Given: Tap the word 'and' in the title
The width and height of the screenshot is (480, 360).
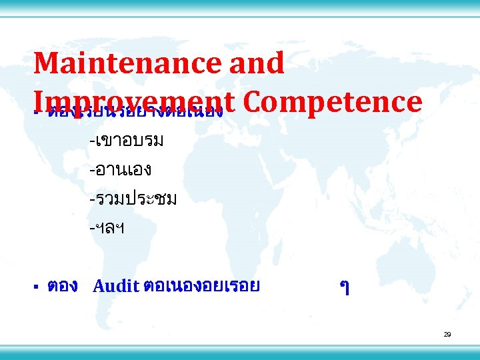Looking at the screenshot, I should tap(261, 63).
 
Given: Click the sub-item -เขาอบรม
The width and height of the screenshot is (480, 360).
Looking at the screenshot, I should tap(127, 141).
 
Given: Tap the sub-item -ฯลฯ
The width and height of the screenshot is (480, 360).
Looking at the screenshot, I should tap(107, 228).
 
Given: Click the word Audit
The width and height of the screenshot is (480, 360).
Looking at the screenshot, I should tap(116, 287).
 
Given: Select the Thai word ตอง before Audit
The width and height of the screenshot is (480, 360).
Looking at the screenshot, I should tap(63, 287).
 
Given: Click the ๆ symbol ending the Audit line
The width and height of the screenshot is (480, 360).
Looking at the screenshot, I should tap(344, 288).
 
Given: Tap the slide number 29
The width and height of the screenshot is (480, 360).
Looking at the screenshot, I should tap(447, 334).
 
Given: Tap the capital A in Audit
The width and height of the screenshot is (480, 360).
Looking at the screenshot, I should tap(99, 287).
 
